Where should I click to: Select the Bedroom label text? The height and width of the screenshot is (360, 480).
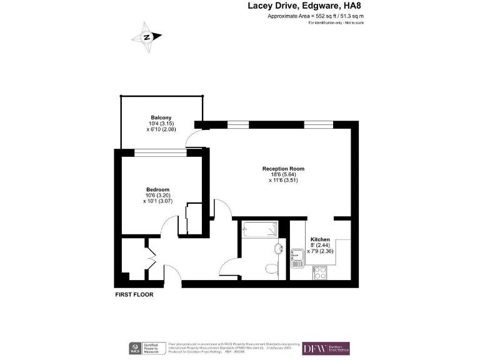[157, 189]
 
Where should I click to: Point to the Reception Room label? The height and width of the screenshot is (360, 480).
[283, 169]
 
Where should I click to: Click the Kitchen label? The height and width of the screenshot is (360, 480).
[320, 239]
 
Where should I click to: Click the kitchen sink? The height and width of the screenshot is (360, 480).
[297, 256]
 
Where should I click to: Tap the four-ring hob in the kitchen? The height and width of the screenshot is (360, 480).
[320, 272]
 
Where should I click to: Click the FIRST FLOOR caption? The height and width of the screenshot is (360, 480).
[134, 294]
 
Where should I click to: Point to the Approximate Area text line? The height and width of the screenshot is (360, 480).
[315, 16]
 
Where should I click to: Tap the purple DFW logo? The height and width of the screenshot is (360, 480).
[326, 348]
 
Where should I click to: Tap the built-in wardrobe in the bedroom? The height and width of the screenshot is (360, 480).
[193, 219]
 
